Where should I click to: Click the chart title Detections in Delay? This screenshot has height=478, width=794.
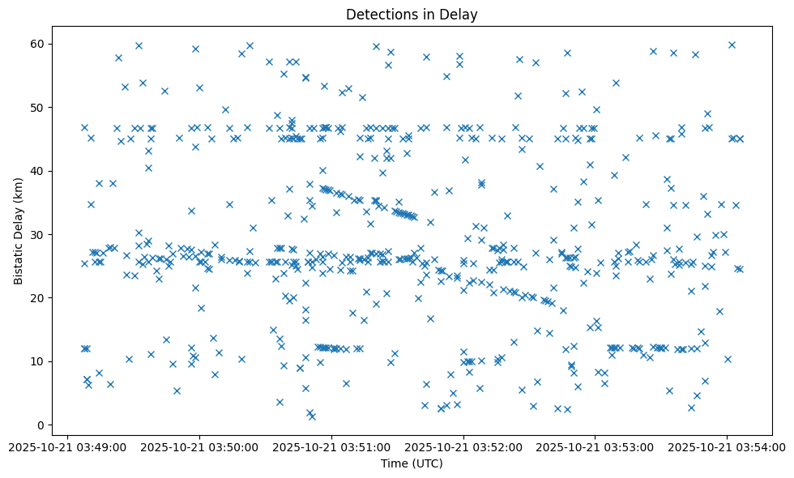pyautogui.click(x=411, y=14)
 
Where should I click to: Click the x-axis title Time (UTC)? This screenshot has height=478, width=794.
pyautogui.click(x=411, y=464)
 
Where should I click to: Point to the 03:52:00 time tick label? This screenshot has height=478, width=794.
pyautogui.click(x=463, y=446)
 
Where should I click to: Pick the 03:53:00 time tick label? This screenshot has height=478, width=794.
pyautogui.click(x=595, y=446)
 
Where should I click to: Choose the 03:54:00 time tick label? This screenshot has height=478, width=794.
pyautogui.click(x=728, y=446)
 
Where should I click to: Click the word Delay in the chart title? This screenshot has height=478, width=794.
pyautogui.click(x=459, y=14)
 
